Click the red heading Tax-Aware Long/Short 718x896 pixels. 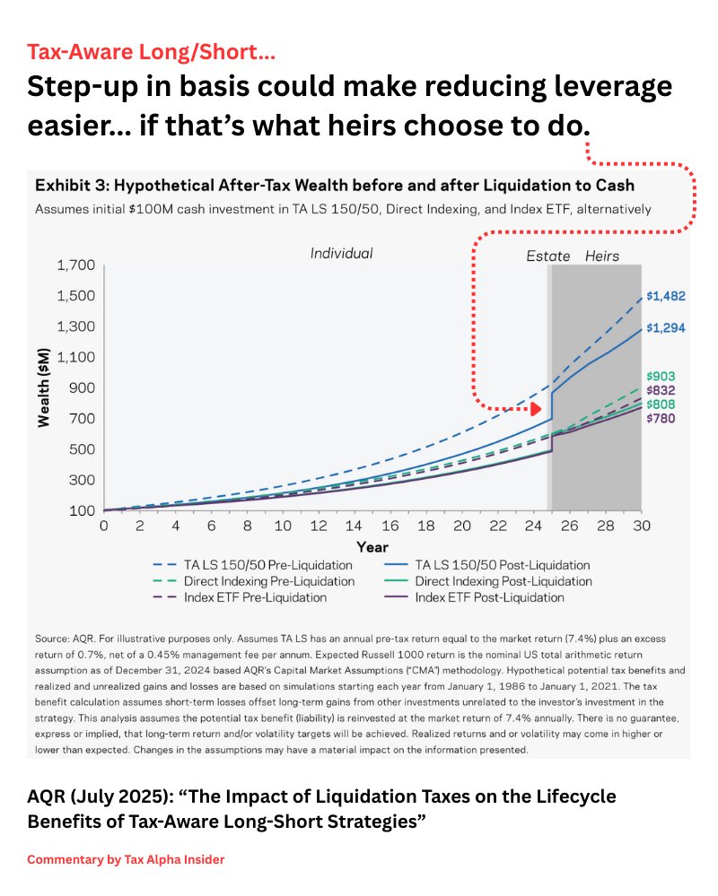151,52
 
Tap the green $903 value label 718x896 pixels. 661,377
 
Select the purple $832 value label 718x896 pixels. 661,391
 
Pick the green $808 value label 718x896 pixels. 661,405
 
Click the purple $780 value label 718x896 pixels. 661,419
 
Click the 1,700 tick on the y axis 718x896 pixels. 74,266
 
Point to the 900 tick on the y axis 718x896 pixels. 81,388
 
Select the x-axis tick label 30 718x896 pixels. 641,526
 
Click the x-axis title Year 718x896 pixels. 372,545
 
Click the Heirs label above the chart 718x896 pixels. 602,256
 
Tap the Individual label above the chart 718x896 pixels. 341,253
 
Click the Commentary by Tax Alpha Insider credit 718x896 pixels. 126,859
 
